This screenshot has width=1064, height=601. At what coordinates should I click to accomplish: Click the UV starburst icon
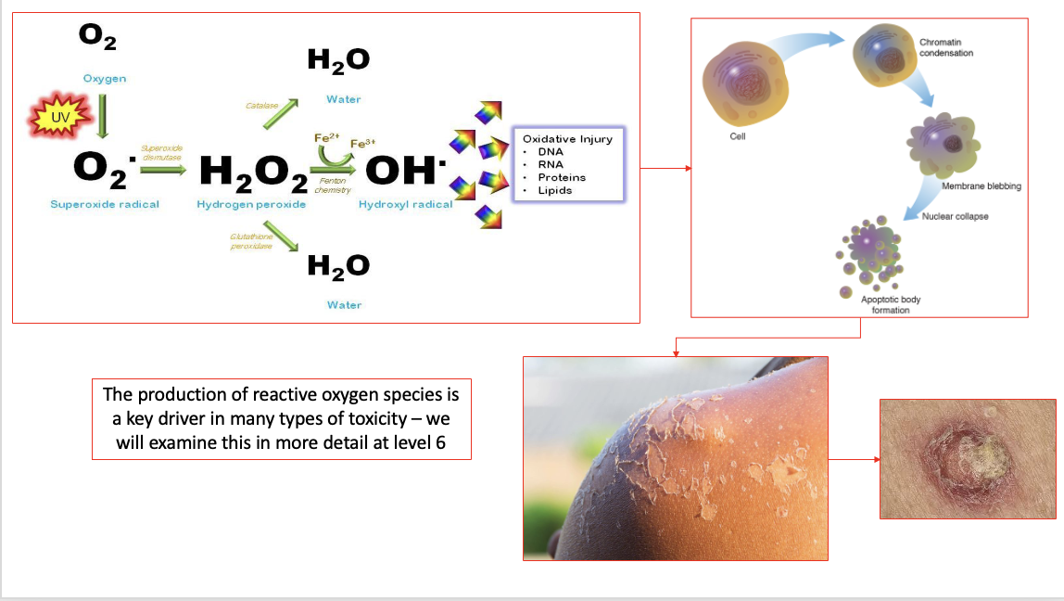(61, 116)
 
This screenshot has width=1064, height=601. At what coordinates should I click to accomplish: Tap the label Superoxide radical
(105, 204)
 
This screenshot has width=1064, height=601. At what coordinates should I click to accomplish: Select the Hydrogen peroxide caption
(251, 204)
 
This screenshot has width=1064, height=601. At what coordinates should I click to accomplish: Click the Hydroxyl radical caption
(406, 204)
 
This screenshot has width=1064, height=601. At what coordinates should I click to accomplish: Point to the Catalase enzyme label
(261, 107)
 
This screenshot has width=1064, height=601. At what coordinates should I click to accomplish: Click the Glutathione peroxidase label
(247, 241)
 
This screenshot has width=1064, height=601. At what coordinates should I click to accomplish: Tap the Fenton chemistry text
(333, 185)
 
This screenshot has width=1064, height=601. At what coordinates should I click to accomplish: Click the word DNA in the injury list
(551, 151)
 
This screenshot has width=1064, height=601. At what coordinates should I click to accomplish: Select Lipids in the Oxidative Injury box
(555, 190)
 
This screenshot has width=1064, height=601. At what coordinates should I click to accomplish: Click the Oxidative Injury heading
(568, 138)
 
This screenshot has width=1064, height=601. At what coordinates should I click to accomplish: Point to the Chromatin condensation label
(946, 48)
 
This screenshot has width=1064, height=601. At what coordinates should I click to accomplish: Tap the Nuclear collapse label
(956, 217)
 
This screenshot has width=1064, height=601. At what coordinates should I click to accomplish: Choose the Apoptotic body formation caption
(891, 305)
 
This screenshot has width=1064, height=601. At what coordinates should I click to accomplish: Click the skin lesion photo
(967, 458)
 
